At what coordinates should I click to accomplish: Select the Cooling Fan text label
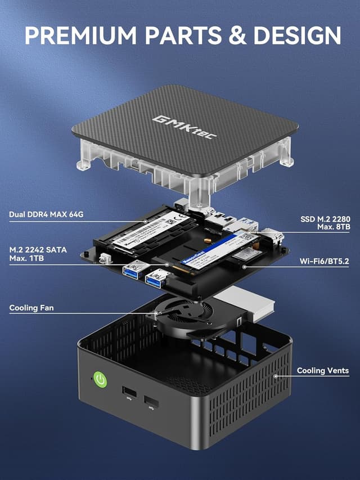coord(32,308)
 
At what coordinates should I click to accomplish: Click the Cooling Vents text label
coord(322,370)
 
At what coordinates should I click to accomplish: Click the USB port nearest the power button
coord(128,392)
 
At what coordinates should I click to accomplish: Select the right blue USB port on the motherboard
coord(156,277)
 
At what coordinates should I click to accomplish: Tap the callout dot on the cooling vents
coord(275,376)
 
